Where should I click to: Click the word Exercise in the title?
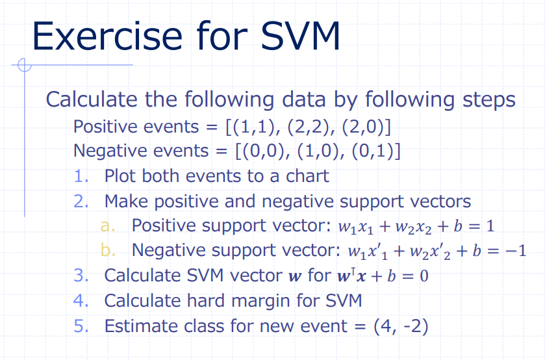[107, 36]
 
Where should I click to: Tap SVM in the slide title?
[300, 36]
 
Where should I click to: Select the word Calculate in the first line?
[92, 99]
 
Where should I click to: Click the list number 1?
[81, 176]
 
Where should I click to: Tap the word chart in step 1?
[307, 176]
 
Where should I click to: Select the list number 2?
[81, 201]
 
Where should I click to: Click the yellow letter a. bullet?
[107, 226]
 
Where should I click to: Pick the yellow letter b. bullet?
[108, 250]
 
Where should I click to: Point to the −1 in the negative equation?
[517, 251]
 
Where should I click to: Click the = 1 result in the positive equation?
[481, 226]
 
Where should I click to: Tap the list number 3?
[81, 276]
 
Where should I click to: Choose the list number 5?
[81, 326]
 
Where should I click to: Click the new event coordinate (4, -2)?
[401, 326]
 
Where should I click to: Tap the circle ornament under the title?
[24, 65]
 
